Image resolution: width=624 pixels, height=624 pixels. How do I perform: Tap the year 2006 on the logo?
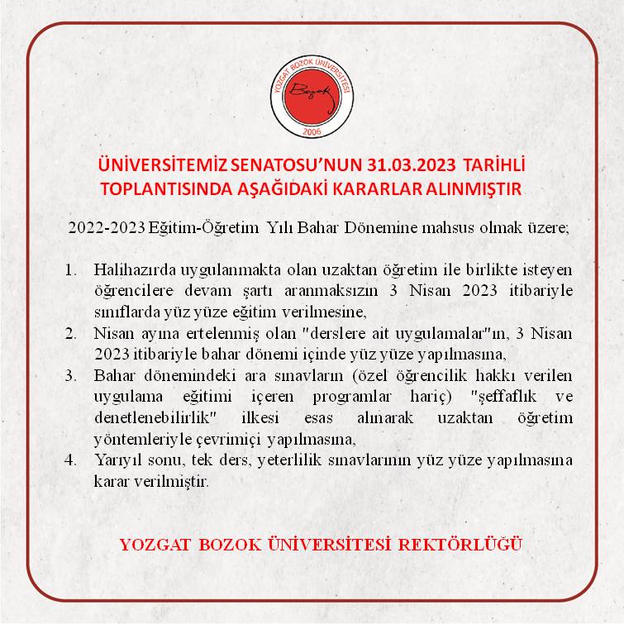point(312,133)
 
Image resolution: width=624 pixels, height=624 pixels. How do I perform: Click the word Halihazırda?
point(131,270)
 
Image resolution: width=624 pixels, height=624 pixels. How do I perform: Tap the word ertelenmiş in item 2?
point(218,333)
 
